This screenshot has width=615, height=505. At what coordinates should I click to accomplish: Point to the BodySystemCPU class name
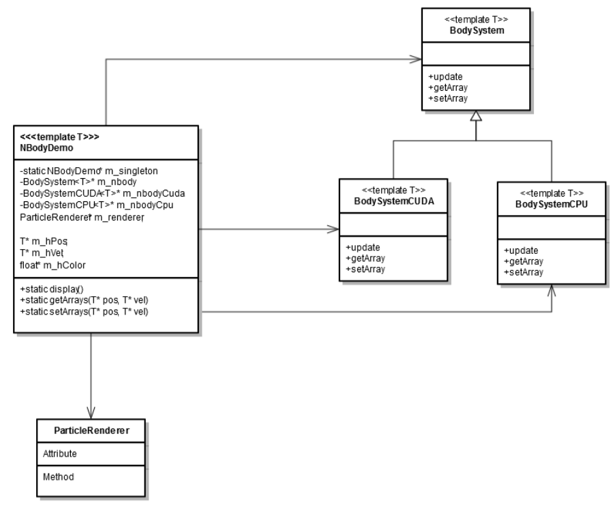[x=551, y=204]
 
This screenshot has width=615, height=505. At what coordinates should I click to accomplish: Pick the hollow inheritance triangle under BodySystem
[x=476, y=118]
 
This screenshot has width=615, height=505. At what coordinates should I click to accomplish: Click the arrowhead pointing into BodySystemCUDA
[x=333, y=229]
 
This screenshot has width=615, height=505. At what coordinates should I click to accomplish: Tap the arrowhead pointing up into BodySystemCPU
[x=551, y=289]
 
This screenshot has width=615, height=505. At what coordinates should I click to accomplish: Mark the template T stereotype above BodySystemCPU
[x=551, y=192]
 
